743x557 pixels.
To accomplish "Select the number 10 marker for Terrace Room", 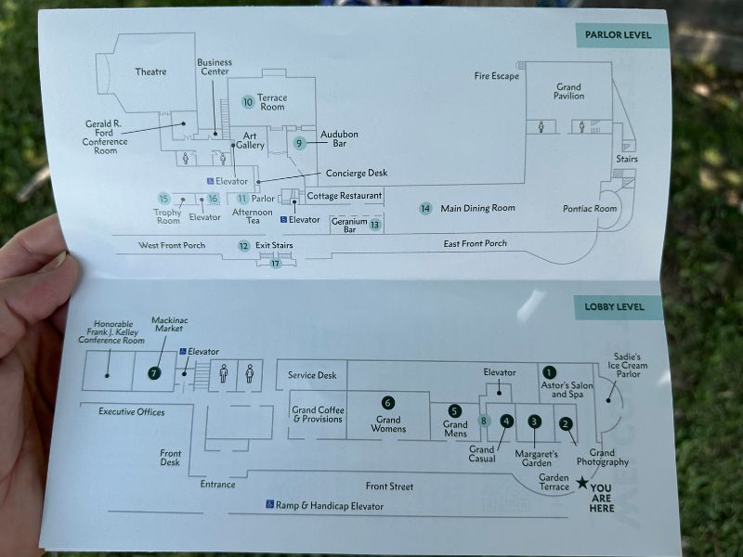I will [x=248, y=102].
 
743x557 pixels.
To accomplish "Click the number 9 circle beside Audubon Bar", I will [x=299, y=143].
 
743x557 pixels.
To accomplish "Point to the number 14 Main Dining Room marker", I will [x=425, y=209].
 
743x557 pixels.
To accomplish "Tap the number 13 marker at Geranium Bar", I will [x=374, y=225].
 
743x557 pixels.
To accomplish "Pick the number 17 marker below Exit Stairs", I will [x=275, y=264].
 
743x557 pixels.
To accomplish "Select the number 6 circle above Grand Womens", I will [x=388, y=403].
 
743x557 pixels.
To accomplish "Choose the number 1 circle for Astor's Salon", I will [x=549, y=374].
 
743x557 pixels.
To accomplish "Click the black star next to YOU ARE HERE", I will [x=582, y=482].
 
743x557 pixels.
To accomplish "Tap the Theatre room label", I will [x=150, y=72].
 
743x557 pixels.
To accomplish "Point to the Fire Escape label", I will [x=496, y=76].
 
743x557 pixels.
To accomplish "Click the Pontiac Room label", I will [x=590, y=209].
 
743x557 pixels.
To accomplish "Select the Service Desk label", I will [x=312, y=375].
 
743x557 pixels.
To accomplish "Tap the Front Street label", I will [x=389, y=486].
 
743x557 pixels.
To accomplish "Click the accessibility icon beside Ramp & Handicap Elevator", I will [x=270, y=505].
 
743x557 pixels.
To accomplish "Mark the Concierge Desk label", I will [x=357, y=174].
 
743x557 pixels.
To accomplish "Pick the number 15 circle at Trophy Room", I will [x=163, y=199].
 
